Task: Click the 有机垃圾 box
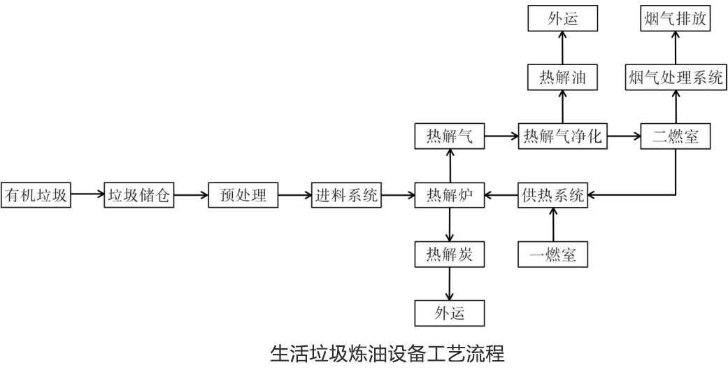click(x=36, y=195)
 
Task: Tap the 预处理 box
click(x=243, y=195)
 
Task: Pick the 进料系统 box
click(x=346, y=195)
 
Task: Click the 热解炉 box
click(x=449, y=195)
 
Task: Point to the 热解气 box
click(x=449, y=136)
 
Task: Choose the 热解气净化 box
click(x=563, y=136)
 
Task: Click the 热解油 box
click(x=563, y=78)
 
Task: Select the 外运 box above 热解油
click(x=563, y=19)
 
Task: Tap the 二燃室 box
click(x=676, y=136)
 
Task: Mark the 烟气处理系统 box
click(x=676, y=78)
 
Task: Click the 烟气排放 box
click(x=676, y=19)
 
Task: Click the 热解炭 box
click(x=449, y=254)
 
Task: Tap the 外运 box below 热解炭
click(x=449, y=313)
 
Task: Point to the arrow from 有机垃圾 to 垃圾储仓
click(x=87, y=195)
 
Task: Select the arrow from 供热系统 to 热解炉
click(x=501, y=195)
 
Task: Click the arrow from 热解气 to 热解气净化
click(x=501, y=136)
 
